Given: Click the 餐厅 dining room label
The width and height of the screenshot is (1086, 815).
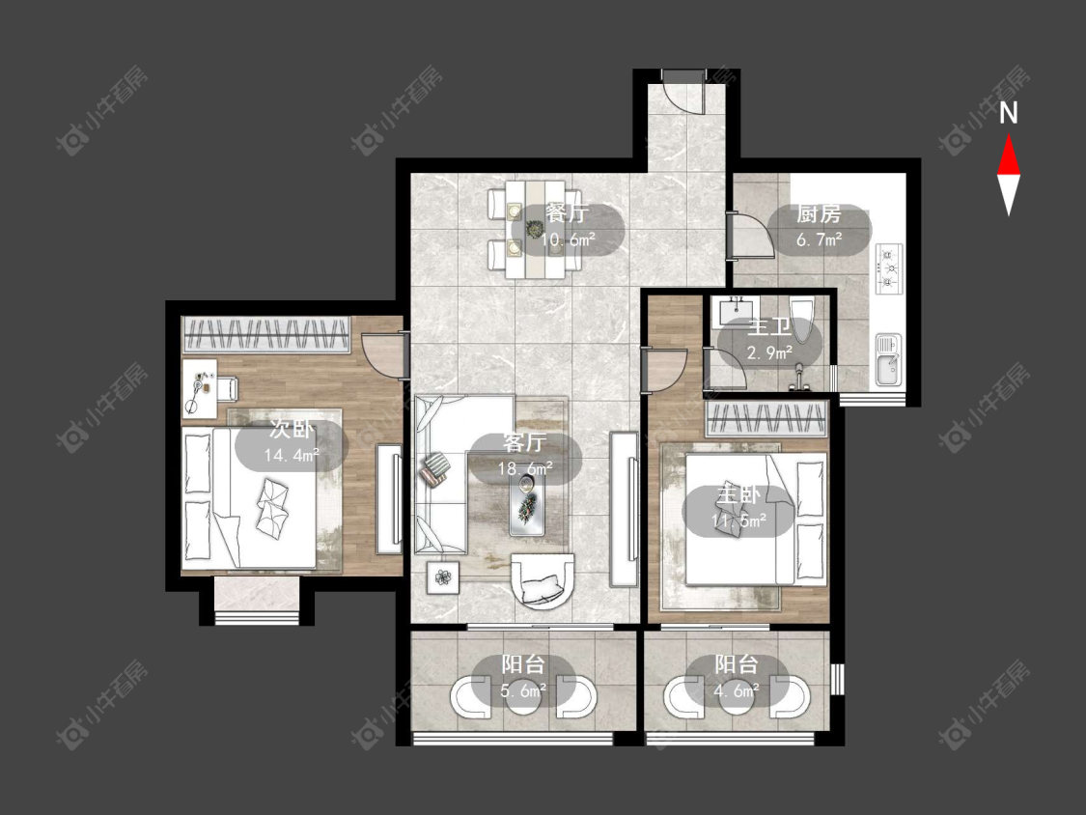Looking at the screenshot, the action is pyautogui.click(x=568, y=212).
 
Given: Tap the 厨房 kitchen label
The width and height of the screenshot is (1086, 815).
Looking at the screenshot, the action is pyautogui.click(x=819, y=214).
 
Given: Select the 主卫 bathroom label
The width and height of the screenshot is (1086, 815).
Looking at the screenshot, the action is pyautogui.click(x=768, y=327).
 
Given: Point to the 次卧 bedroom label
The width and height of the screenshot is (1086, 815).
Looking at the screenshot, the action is pyautogui.click(x=292, y=430).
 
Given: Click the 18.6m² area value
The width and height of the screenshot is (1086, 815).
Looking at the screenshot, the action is pyautogui.click(x=525, y=468).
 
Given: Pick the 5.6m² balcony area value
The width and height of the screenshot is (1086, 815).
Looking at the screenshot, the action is pyautogui.click(x=523, y=690).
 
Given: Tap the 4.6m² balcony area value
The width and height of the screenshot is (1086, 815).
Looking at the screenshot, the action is pyautogui.click(x=737, y=689).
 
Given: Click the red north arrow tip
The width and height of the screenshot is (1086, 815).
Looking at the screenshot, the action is pyautogui.click(x=1009, y=135).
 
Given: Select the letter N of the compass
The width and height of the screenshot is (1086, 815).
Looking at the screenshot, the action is pyautogui.click(x=1009, y=112).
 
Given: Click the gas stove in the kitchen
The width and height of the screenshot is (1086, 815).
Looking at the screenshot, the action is pyautogui.click(x=889, y=267).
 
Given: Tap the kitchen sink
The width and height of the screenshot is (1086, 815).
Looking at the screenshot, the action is pyautogui.click(x=888, y=359).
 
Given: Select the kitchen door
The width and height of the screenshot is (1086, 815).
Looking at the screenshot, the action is pyautogui.click(x=751, y=236).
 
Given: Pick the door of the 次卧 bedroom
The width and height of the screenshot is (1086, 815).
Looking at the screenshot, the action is pyautogui.click(x=383, y=356).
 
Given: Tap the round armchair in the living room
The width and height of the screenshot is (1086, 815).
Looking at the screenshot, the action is pyautogui.click(x=543, y=580).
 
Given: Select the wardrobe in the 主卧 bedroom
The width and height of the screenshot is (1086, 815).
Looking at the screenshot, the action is pyautogui.click(x=766, y=418).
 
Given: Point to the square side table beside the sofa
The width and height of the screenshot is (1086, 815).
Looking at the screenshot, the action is pyautogui.click(x=443, y=576).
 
